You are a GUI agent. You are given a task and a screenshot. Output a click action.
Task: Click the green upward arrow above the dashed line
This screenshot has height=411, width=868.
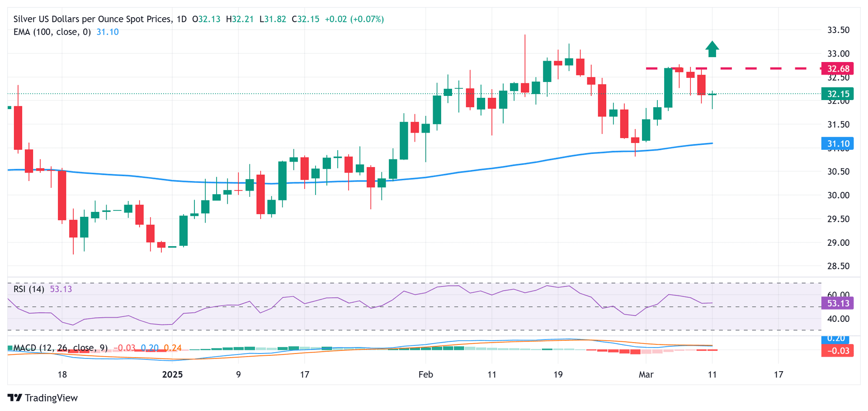coord(712,49)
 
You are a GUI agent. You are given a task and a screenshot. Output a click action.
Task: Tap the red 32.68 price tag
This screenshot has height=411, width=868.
coord(838,69)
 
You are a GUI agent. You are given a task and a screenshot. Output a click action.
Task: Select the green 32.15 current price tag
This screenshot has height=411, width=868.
coord(838,94)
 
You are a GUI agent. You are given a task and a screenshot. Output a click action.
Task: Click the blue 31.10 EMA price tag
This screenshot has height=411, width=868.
coord(838,144)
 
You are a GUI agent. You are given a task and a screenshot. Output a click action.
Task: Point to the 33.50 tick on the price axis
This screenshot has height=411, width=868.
coord(838,30)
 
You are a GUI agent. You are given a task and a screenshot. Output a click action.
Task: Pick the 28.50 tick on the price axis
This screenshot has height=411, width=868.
coord(838,266)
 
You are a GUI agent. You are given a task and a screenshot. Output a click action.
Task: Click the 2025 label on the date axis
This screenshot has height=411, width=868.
coord(172,374)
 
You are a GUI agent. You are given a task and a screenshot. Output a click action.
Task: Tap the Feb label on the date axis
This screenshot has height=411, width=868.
coord(425,374)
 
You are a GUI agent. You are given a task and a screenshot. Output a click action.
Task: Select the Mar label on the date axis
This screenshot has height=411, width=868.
coord(646,374)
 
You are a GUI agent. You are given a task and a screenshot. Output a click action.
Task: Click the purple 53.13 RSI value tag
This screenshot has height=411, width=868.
coord(838,303)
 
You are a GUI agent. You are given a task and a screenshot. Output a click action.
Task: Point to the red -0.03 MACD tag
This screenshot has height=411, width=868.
coord(838,351)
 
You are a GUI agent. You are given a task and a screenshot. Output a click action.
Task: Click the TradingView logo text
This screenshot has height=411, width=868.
coord(51,398)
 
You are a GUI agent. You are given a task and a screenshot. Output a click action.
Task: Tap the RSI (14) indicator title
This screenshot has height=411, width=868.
coord(29,289)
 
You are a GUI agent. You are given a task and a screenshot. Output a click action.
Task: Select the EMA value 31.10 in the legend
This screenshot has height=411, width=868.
coord(108,32)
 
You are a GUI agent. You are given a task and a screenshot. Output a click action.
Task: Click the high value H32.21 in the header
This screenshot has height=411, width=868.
coord(240,19)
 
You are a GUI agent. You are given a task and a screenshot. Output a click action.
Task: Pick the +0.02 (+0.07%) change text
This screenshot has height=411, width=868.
coord(354,19)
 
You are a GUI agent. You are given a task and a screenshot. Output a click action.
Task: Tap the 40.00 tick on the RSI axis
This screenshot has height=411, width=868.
coord(838,319)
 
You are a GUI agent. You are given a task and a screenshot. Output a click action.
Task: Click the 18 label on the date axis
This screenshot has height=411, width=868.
coord(62,374)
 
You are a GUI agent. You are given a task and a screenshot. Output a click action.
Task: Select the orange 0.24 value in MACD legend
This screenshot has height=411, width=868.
coord(173,348)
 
